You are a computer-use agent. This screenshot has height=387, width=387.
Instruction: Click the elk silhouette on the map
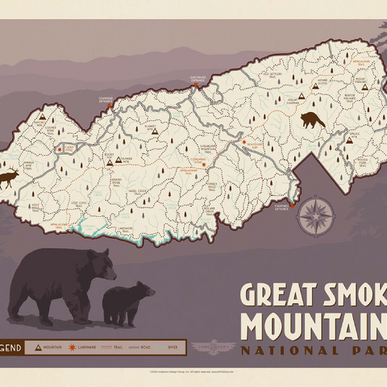[10, 177]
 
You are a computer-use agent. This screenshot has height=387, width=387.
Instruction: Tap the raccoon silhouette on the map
[312, 120]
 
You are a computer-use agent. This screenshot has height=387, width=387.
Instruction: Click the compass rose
[316, 215]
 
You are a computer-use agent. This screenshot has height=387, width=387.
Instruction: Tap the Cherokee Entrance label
[281, 206]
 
